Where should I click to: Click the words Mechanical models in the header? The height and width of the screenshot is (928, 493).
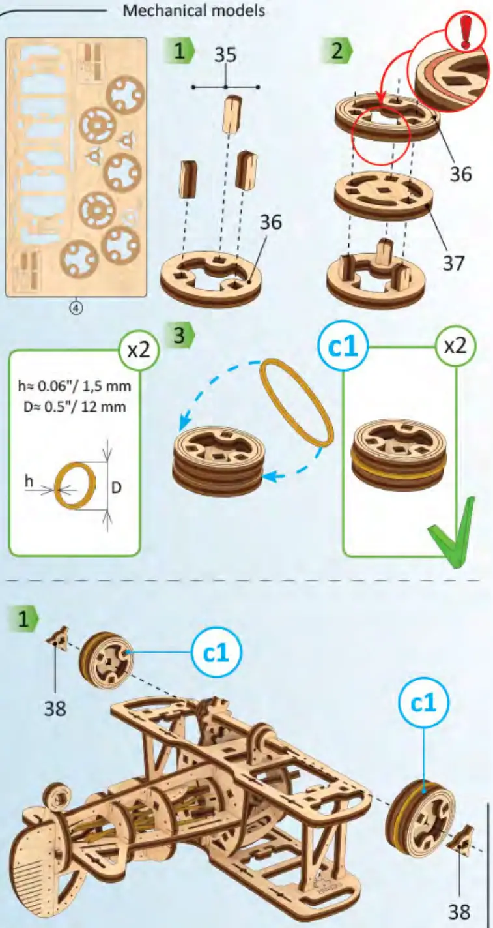(194, 10)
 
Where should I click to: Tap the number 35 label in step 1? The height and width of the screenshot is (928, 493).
(225, 57)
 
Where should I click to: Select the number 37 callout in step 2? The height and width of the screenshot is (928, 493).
(454, 263)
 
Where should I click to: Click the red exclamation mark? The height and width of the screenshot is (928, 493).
(465, 32)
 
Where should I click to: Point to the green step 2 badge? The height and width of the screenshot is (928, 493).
(337, 51)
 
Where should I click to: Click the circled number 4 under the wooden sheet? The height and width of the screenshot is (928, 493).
(76, 308)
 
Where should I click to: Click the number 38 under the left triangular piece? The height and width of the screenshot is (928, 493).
(55, 708)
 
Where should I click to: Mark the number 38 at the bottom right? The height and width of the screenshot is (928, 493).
(460, 910)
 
